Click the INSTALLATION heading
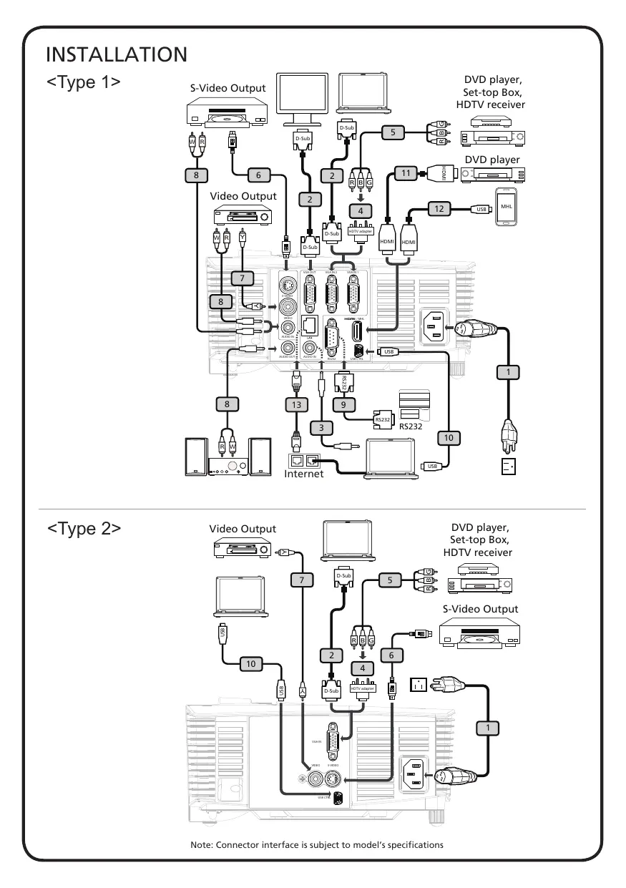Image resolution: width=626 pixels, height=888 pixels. [x=117, y=54]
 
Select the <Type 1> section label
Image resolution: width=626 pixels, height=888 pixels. [x=83, y=82]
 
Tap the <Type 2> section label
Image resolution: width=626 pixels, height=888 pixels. [x=84, y=528]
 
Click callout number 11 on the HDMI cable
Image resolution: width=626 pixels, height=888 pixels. [x=404, y=172]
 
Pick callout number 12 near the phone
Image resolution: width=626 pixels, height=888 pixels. [x=439, y=209]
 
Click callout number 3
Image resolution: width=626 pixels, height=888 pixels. [x=322, y=427]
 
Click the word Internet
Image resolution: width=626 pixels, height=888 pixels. [x=304, y=474]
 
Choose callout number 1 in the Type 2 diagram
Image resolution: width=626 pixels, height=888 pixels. [x=487, y=728]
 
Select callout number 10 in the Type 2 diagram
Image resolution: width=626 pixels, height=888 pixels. [x=250, y=664]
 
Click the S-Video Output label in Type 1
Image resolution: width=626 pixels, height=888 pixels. [x=228, y=88]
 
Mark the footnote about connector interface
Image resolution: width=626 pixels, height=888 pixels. [x=317, y=845]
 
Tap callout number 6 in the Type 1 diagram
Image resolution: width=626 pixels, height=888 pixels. [x=259, y=174]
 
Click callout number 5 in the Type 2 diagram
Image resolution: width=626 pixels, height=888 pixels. [x=391, y=580]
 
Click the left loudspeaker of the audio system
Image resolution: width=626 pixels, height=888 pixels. [x=195, y=456]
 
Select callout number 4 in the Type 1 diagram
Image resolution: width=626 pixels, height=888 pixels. [x=361, y=211]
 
